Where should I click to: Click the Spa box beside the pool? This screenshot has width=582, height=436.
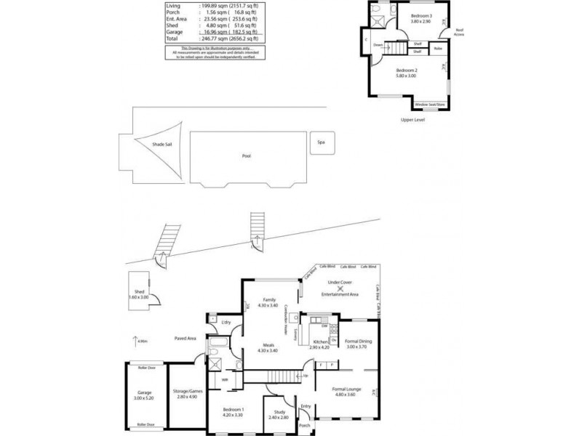pyautogui.click(x=321, y=142)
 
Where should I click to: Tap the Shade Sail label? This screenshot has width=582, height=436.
pyautogui.click(x=162, y=145)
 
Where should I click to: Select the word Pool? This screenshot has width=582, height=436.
pyautogui.click(x=247, y=156)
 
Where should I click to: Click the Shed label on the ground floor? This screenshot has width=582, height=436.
pyautogui.click(x=139, y=292)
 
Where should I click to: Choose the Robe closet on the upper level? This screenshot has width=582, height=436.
pyautogui.click(x=438, y=49)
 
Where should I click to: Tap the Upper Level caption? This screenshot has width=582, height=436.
pyautogui.click(x=412, y=119)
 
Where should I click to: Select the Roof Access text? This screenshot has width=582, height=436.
pyautogui.click(x=459, y=33)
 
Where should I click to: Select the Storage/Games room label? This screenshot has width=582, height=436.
pyautogui.click(x=188, y=391)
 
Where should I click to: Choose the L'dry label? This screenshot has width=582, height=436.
pyautogui.click(x=226, y=321)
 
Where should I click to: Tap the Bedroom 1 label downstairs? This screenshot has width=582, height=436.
pyautogui.click(x=233, y=411)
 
